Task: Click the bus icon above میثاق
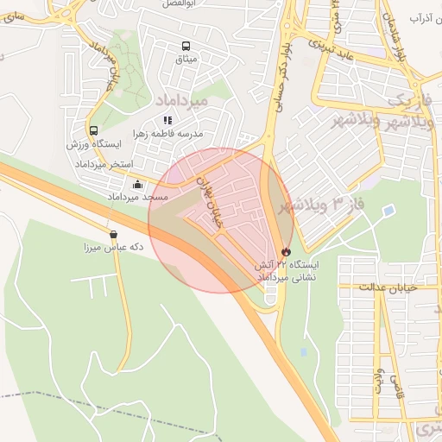(185, 47)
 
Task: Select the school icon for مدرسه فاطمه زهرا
(167, 121)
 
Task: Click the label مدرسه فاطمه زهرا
(188, 135)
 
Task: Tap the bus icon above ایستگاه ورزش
(93, 130)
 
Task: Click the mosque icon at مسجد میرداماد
(138, 184)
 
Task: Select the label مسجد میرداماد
(137, 198)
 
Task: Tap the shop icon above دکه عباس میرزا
(114, 234)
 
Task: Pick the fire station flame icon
(287, 251)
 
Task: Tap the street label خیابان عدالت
(388, 287)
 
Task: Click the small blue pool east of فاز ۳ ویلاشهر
(388, 210)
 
